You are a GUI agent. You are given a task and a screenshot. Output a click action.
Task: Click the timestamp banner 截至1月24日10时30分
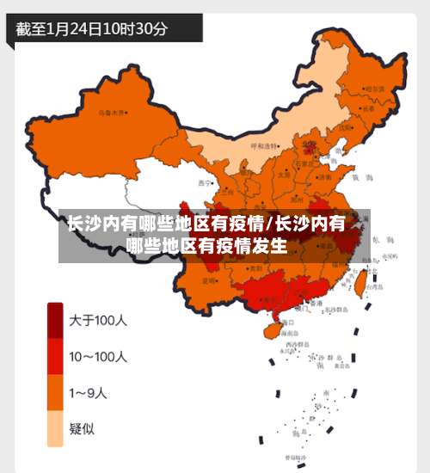tap(93, 28)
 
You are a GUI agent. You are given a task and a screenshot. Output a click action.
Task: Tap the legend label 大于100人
tap(98, 320)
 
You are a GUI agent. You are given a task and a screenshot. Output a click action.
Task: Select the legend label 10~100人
tap(98, 357)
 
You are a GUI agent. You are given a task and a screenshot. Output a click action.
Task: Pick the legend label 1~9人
tap(88, 393)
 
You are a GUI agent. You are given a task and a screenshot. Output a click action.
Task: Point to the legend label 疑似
tap(83, 428)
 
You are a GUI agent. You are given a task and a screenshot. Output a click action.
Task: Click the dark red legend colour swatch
tap(56, 320)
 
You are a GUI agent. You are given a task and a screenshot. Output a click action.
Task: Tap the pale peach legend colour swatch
tap(56, 428)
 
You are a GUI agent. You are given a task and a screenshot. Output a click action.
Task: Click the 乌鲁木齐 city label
tap(112, 113)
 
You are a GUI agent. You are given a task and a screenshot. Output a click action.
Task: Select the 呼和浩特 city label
tap(266, 146)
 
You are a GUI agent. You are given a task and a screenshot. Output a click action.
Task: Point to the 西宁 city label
tap(204, 182)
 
